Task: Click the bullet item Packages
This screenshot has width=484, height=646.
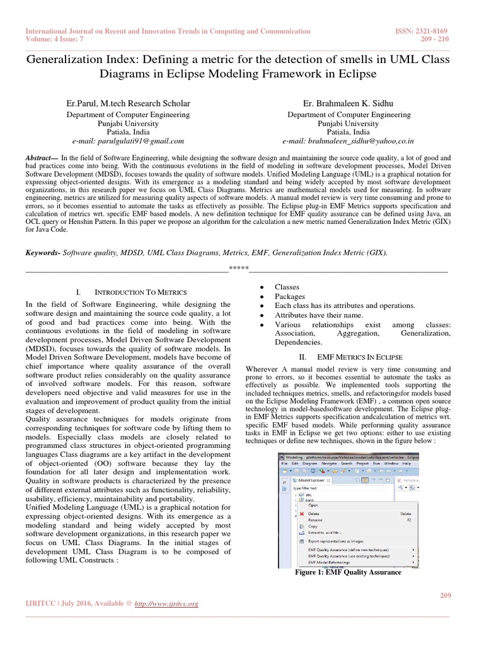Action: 290,297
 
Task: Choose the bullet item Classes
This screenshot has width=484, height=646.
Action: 287,287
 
